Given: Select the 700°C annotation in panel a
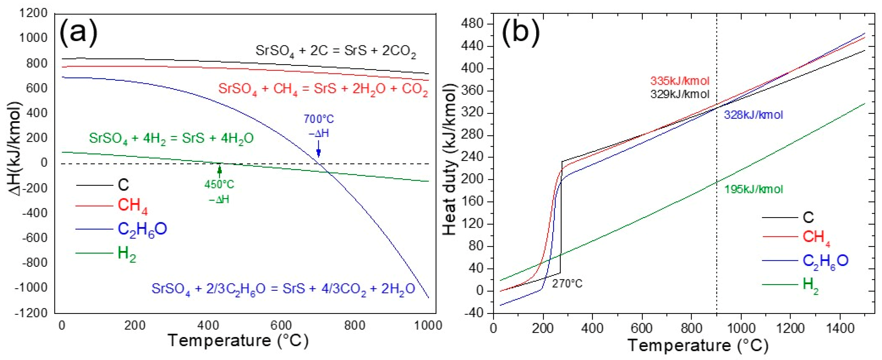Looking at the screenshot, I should [319, 119].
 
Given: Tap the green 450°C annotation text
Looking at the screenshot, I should [219, 185].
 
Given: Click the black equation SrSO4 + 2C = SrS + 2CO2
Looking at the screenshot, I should [336, 51].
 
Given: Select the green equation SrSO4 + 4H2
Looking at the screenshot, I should [171, 139].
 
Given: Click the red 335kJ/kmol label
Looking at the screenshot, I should [680, 81].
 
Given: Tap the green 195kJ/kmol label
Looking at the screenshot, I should [753, 189].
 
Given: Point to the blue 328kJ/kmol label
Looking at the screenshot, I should [753, 115].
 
